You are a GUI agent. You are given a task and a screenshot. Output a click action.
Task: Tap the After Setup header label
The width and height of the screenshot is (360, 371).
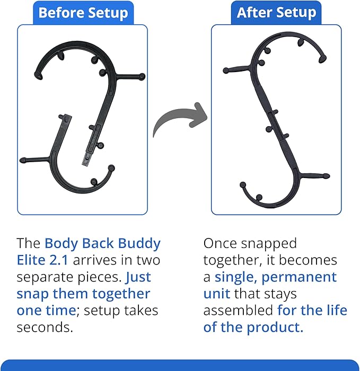(x=276, y=12)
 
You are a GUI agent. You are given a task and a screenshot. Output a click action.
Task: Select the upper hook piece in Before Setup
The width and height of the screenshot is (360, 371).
(x=106, y=74)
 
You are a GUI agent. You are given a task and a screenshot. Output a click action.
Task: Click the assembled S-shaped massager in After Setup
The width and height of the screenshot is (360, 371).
(x=276, y=122)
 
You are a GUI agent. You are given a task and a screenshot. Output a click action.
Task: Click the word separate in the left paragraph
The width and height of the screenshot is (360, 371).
(x=45, y=277)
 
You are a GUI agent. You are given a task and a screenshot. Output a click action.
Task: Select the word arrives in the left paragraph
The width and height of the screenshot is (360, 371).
(x=102, y=261)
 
